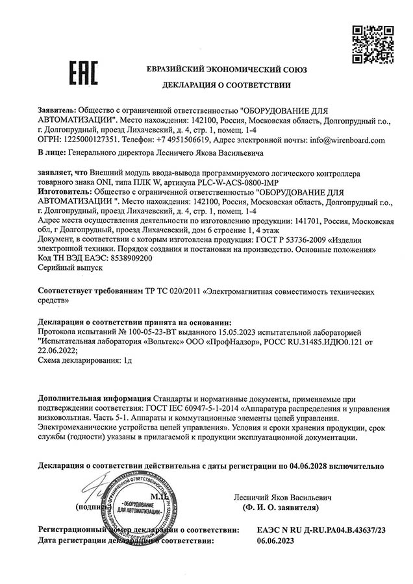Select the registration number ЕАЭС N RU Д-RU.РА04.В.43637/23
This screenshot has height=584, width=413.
[321, 530]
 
